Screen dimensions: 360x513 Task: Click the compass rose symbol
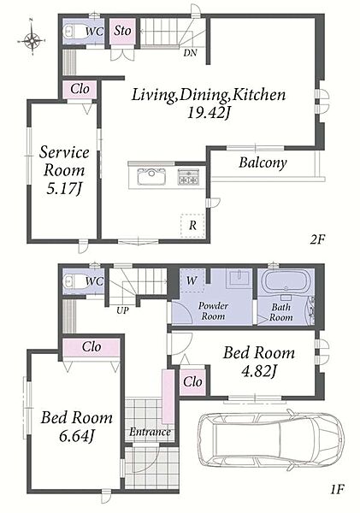coord(32,40)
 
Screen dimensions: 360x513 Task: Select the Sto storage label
coord(123,31)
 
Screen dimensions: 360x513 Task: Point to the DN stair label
coord(190,53)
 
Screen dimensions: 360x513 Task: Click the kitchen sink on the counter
coord(152,177)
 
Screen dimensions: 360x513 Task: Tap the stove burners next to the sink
coord(188,177)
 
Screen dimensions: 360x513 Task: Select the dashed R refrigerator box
coord(192,226)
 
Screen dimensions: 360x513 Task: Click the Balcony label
coord(263,162)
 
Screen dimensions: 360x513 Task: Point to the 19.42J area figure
coord(209,113)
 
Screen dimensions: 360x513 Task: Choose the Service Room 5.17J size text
coord(63,189)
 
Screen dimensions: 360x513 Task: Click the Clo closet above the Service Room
coord(80,89)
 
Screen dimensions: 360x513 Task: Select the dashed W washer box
coord(192,280)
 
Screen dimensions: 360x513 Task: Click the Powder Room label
coord(213,311)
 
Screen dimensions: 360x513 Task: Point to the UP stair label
coord(123,310)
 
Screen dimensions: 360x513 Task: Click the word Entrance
coord(150,432)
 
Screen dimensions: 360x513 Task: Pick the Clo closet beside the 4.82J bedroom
coord(192,381)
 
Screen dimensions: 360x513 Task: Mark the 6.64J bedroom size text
coord(77,436)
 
